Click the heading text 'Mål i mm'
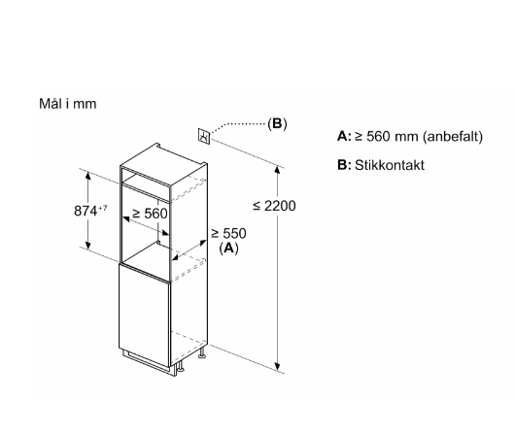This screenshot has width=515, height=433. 68,104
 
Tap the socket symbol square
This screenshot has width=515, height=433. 204,135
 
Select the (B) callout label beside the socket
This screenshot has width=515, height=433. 277,123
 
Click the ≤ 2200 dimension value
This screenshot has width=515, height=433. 274,206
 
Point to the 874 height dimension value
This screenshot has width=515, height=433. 86,211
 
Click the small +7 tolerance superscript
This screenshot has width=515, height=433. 102,208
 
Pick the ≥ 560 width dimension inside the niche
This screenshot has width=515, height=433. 150,214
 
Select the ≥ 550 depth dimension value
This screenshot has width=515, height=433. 228,233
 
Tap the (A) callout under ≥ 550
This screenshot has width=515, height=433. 228,248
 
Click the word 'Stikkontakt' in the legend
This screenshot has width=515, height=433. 390,165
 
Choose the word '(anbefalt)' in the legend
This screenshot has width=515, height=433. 453,136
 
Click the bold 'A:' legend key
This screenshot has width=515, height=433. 344,136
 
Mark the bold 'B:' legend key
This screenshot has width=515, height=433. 344,165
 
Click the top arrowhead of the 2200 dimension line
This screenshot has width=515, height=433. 278,170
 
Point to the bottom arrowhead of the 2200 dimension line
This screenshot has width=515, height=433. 278,367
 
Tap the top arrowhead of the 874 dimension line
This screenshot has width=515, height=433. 87,176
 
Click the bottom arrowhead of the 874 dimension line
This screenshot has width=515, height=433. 87,245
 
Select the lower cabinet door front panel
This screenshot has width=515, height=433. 145,316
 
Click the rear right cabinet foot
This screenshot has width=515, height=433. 202,353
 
